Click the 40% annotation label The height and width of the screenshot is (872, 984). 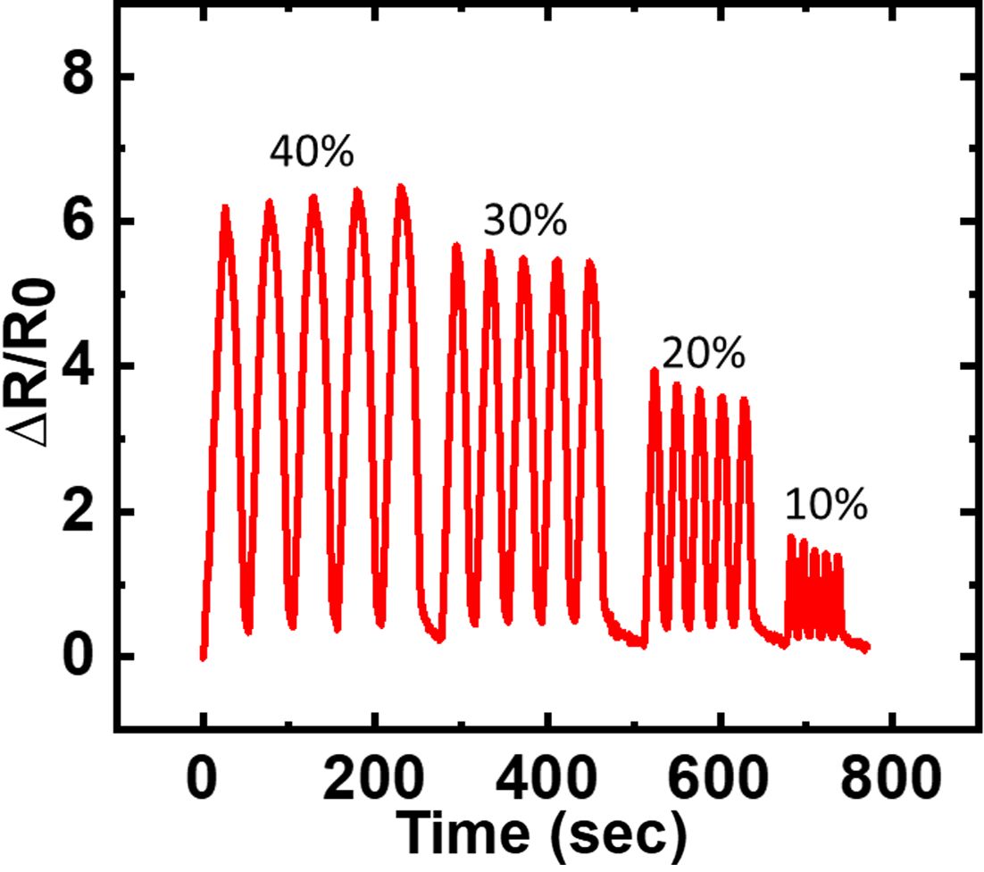[312, 154]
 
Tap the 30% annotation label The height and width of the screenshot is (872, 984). [524, 220]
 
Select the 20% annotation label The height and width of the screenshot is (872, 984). [703, 355]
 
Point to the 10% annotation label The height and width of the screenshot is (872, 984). [826, 507]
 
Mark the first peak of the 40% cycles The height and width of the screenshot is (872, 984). [225, 206]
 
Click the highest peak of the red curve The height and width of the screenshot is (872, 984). [401, 186]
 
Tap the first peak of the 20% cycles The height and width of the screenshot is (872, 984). [655, 369]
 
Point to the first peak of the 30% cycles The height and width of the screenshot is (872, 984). [456, 244]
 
